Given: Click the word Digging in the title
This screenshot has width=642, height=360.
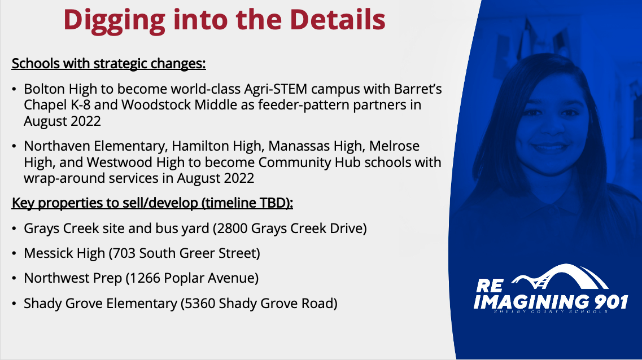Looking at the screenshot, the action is [x=114, y=20].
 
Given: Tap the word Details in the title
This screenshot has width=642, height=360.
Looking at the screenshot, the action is [x=338, y=19].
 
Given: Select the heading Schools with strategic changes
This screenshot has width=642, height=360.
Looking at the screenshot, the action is [x=108, y=64].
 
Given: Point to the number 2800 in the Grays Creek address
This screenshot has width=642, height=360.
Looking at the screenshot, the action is [x=232, y=229].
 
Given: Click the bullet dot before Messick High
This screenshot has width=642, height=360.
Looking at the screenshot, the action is [x=14, y=254].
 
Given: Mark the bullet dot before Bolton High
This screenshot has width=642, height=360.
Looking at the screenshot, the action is [x=14, y=89].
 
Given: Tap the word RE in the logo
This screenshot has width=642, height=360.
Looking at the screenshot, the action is [x=490, y=286].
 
